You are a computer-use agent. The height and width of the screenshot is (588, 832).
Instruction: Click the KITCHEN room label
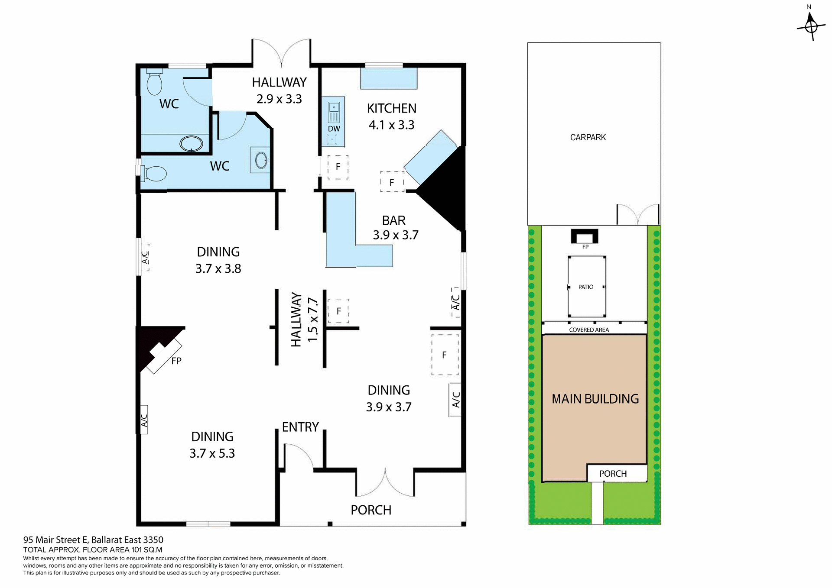point(391,108)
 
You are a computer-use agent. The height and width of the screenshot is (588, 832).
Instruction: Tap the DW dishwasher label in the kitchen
point(334,129)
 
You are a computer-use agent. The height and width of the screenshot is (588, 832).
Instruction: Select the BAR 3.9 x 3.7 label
point(395,228)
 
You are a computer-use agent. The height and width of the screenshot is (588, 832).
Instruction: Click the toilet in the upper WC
point(154,82)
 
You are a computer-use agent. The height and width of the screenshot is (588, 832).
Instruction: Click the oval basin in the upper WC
point(191,144)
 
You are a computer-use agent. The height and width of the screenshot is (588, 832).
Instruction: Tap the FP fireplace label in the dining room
point(176,361)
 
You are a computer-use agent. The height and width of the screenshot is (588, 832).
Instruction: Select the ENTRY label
point(300,427)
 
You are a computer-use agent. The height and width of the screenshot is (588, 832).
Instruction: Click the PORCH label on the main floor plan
point(371,510)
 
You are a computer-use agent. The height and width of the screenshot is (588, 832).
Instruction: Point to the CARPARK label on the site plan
point(588,137)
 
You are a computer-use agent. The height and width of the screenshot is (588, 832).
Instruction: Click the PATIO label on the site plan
point(586,287)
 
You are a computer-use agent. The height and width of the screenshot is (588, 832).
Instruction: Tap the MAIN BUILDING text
point(595,399)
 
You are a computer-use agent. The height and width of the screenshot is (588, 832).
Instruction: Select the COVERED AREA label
point(589,330)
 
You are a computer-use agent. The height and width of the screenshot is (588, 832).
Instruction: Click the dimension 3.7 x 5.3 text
point(212,453)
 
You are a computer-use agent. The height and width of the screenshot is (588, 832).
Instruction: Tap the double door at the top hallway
point(281,53)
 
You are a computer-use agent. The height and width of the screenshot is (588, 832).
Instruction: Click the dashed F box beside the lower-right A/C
point(445,355)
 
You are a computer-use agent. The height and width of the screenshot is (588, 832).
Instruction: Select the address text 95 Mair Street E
point(93,540)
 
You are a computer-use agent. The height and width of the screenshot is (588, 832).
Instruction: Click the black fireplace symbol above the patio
point(585,236)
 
